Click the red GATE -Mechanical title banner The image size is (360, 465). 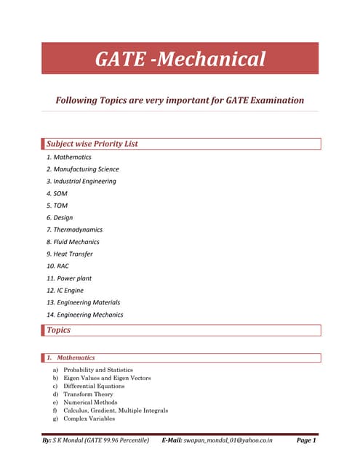180,59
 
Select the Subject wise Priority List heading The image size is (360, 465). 92,144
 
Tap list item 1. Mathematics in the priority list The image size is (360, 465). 69,157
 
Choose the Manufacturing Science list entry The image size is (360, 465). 82,169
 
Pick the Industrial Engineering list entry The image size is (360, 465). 81,181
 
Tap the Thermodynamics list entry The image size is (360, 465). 74,230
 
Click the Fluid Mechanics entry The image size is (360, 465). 73,242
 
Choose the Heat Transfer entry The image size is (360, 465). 69,254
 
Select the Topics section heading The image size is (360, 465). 58,330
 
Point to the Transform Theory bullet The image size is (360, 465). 88,394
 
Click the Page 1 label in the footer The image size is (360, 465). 306,440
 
